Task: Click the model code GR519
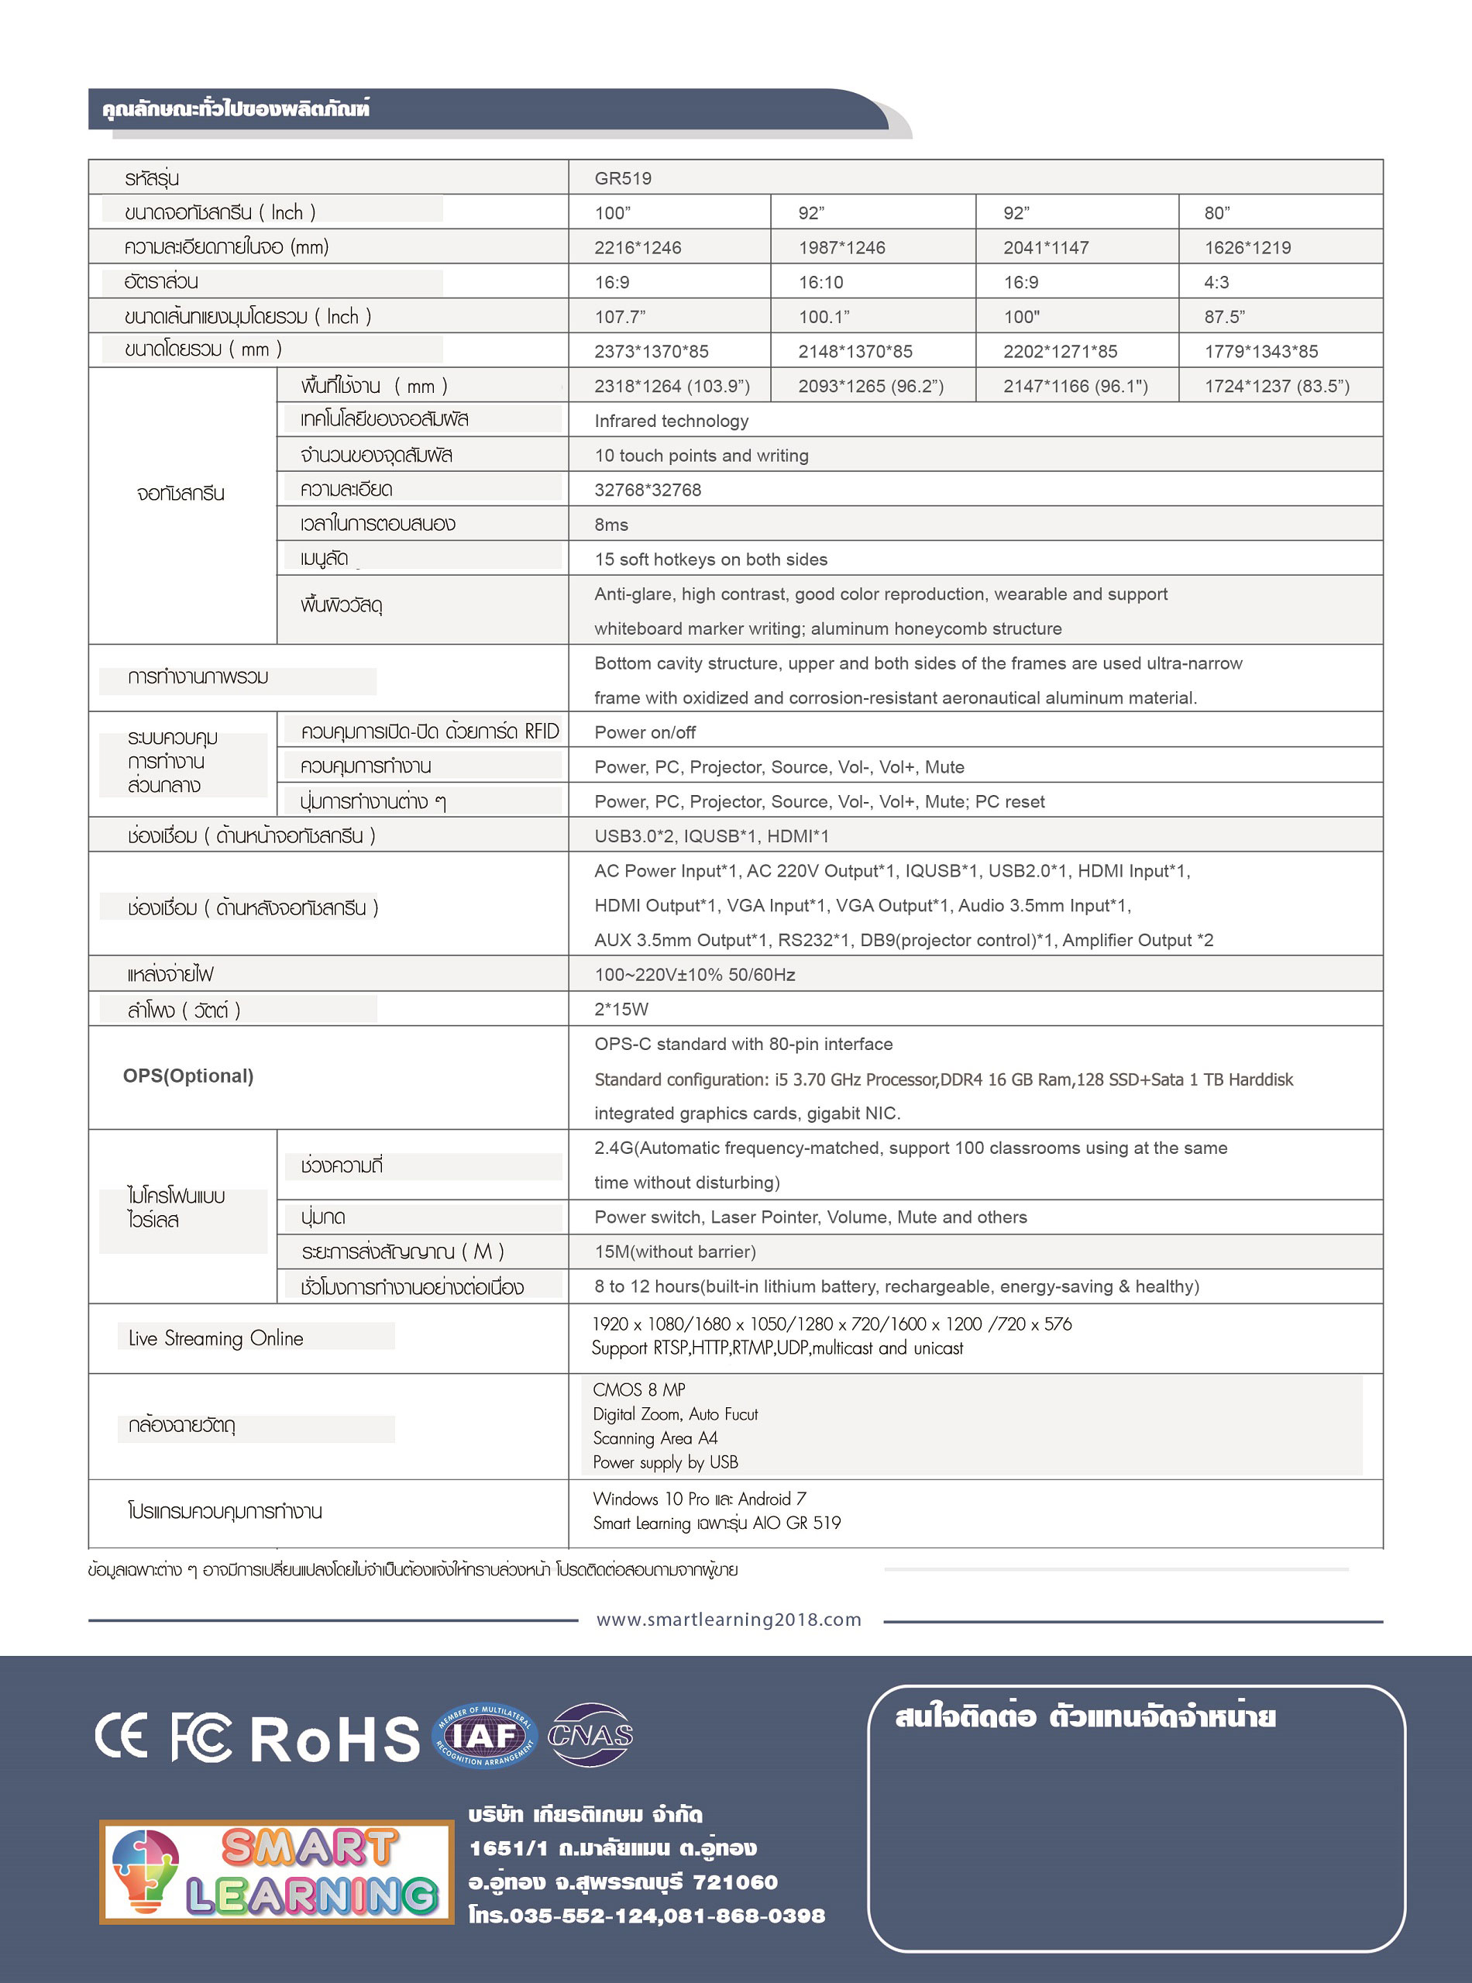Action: [x=623, y=178]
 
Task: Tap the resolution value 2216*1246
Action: [x=637, y=248]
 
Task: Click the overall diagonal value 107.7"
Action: [x=619, y=317]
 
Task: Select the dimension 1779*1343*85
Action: [x=1260, y=351]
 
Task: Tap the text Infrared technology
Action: [x=671, y=421]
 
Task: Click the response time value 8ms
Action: [x=611, y=525]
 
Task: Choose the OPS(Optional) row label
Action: [x=188, y=1076]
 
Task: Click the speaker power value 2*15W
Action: [x=621, y=1009]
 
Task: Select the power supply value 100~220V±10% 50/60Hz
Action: [x=694, y=974]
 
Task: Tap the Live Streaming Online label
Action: [x=215, y=1337]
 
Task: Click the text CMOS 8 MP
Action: [x=639, y=1389]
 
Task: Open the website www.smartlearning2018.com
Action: [x=729, y=1620]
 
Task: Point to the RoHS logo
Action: [x=334, y=1738]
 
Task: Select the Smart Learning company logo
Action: [x=277, y=1871]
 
